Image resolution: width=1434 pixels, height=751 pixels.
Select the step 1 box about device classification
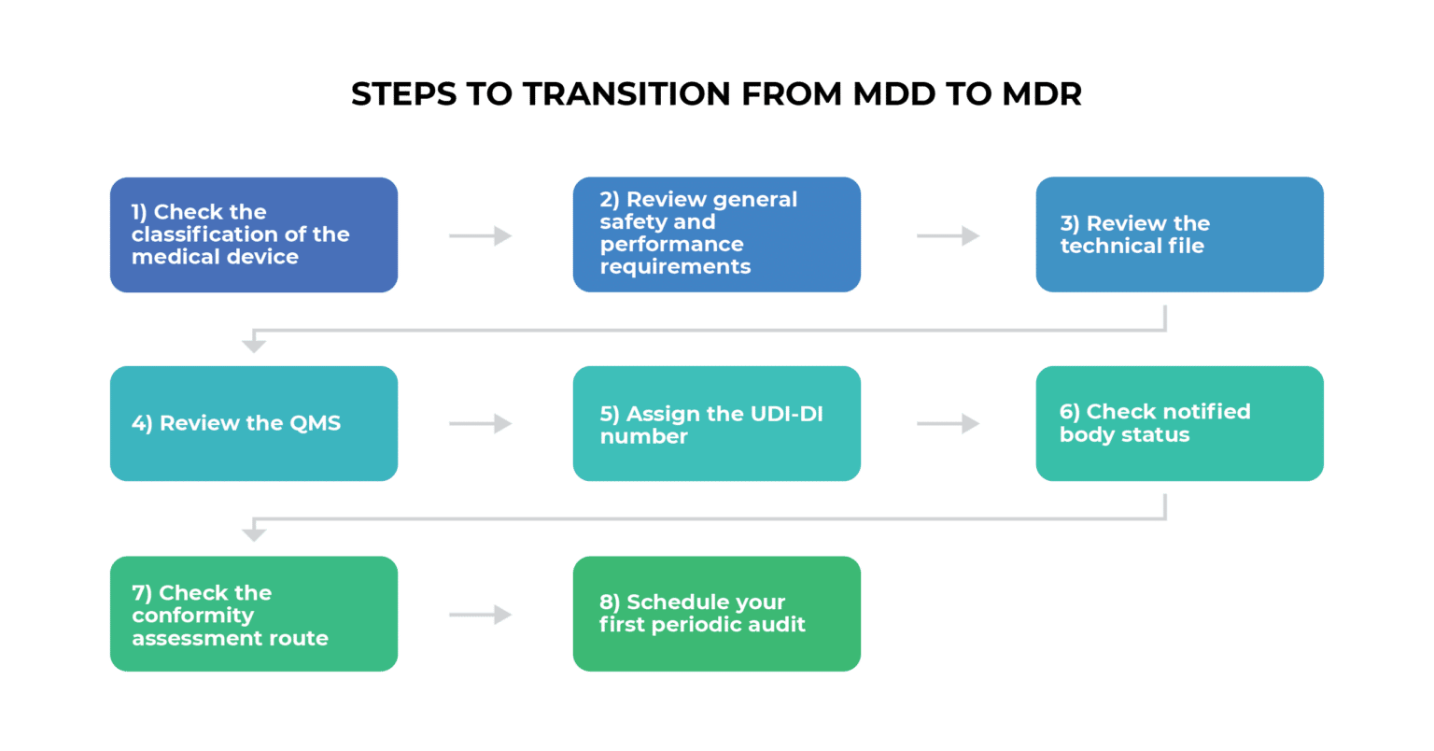[x=254, y=234]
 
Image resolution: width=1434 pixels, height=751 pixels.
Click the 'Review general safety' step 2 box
[x=716, y=234]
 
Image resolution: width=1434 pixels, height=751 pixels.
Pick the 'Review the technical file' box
[x=1179, y=234]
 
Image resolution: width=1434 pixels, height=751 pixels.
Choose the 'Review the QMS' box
[x=254, y=423]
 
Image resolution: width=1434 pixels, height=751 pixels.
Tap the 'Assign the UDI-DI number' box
[x=716, y=423]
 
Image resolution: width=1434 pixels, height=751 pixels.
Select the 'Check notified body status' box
[x=1179, y=423]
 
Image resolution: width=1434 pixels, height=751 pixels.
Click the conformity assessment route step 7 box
[x=254, y=614]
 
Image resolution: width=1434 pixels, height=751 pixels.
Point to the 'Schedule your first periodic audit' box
[x=716, y=614]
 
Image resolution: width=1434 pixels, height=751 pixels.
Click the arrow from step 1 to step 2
[x=480, y=235]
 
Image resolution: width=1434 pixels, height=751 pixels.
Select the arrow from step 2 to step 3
[x=948, y=235]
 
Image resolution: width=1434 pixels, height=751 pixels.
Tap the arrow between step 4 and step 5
[x=480, y=424]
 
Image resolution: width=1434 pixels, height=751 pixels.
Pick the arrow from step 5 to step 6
[x=948, y=424]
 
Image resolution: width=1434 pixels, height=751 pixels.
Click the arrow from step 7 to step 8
[x=480, y=615]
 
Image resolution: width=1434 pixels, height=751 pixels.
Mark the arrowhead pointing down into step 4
[x=254, y=346]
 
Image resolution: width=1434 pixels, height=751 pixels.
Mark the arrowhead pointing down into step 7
[x=254, y=534]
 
